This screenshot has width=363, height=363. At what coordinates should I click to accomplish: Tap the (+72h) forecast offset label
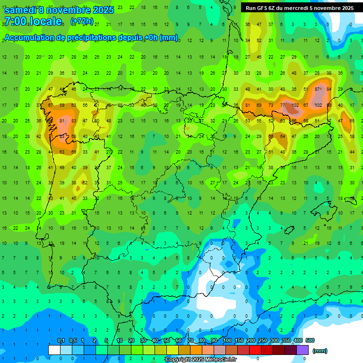click(x=81, y=21)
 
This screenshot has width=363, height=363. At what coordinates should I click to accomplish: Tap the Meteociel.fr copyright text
click(x=200, y=360)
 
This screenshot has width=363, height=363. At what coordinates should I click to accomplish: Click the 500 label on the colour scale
click(x=310, y=340)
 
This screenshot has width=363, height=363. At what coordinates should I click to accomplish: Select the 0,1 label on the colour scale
click(x=60, y=340)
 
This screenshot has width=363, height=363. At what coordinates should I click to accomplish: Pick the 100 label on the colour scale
click(x=227, y=340)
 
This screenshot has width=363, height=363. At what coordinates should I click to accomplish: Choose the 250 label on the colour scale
click(x=262, y=340)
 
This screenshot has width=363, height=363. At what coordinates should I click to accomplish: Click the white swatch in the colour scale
click(x=54, y=350)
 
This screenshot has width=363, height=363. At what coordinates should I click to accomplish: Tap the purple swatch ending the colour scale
click(x=302, y=350)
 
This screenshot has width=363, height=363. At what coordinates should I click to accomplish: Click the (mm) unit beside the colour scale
click(x=320, y=351)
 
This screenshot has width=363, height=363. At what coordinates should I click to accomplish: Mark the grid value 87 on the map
click(x=318, y=89)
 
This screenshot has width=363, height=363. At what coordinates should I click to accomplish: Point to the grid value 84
click(x=329, y=89)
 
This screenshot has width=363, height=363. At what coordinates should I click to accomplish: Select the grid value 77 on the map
click(x=283, y=105)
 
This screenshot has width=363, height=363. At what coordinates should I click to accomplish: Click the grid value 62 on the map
click(x=85, y=182)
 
